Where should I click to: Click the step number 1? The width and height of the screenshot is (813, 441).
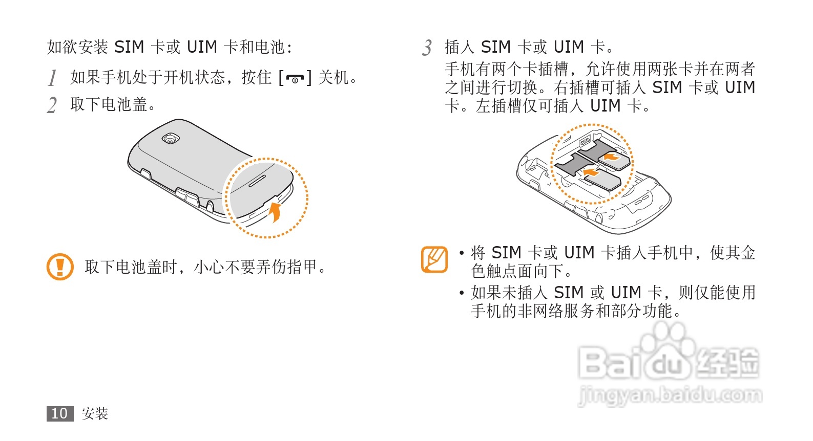[52, 78]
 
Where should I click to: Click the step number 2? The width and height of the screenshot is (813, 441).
[52, 105]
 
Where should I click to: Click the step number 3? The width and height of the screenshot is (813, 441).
[427, 48]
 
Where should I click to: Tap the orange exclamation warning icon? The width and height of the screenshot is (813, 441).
[60, 267]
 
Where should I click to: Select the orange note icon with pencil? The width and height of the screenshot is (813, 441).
[434, 259]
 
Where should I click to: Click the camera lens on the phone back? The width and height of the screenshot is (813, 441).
[170, 138]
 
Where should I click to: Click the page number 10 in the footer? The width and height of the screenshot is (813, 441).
[59, 413]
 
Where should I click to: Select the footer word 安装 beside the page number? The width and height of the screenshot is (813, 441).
[95, 413]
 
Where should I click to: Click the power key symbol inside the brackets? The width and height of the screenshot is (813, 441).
[295, 79]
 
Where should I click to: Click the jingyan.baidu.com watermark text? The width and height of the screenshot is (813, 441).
[670, 396]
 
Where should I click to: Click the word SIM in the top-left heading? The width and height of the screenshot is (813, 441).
[129, 48]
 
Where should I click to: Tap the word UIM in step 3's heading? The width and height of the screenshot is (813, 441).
[569, 48]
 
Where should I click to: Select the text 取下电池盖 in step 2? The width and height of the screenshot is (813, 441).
[109, 105]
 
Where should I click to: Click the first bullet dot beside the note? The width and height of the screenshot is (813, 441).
[462, 253]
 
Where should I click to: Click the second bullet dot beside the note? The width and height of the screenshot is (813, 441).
[462, 293]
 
